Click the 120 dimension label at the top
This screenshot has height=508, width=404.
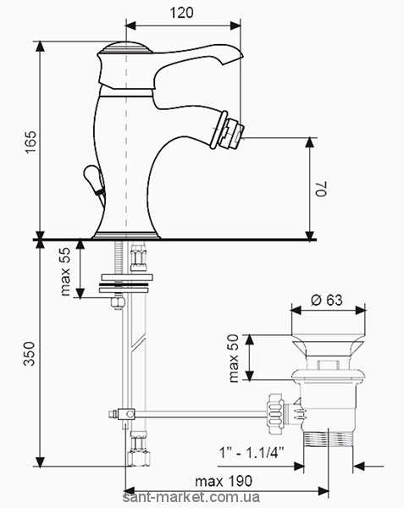tap(181, 13)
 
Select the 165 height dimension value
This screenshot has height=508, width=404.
tap(31, 142)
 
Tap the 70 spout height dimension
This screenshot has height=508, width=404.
tap(322, 188)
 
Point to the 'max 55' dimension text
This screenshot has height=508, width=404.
tap(65, 272)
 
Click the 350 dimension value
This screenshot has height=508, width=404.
tap(29, 353)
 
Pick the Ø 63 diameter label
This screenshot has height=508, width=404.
tap(327, 300)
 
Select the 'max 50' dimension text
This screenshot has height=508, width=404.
tap(233, 358)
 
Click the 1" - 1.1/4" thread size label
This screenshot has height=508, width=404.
tap(252, 452)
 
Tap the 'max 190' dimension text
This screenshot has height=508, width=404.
tap(224, 481)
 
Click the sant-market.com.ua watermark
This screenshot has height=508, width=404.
tap(191, 497)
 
